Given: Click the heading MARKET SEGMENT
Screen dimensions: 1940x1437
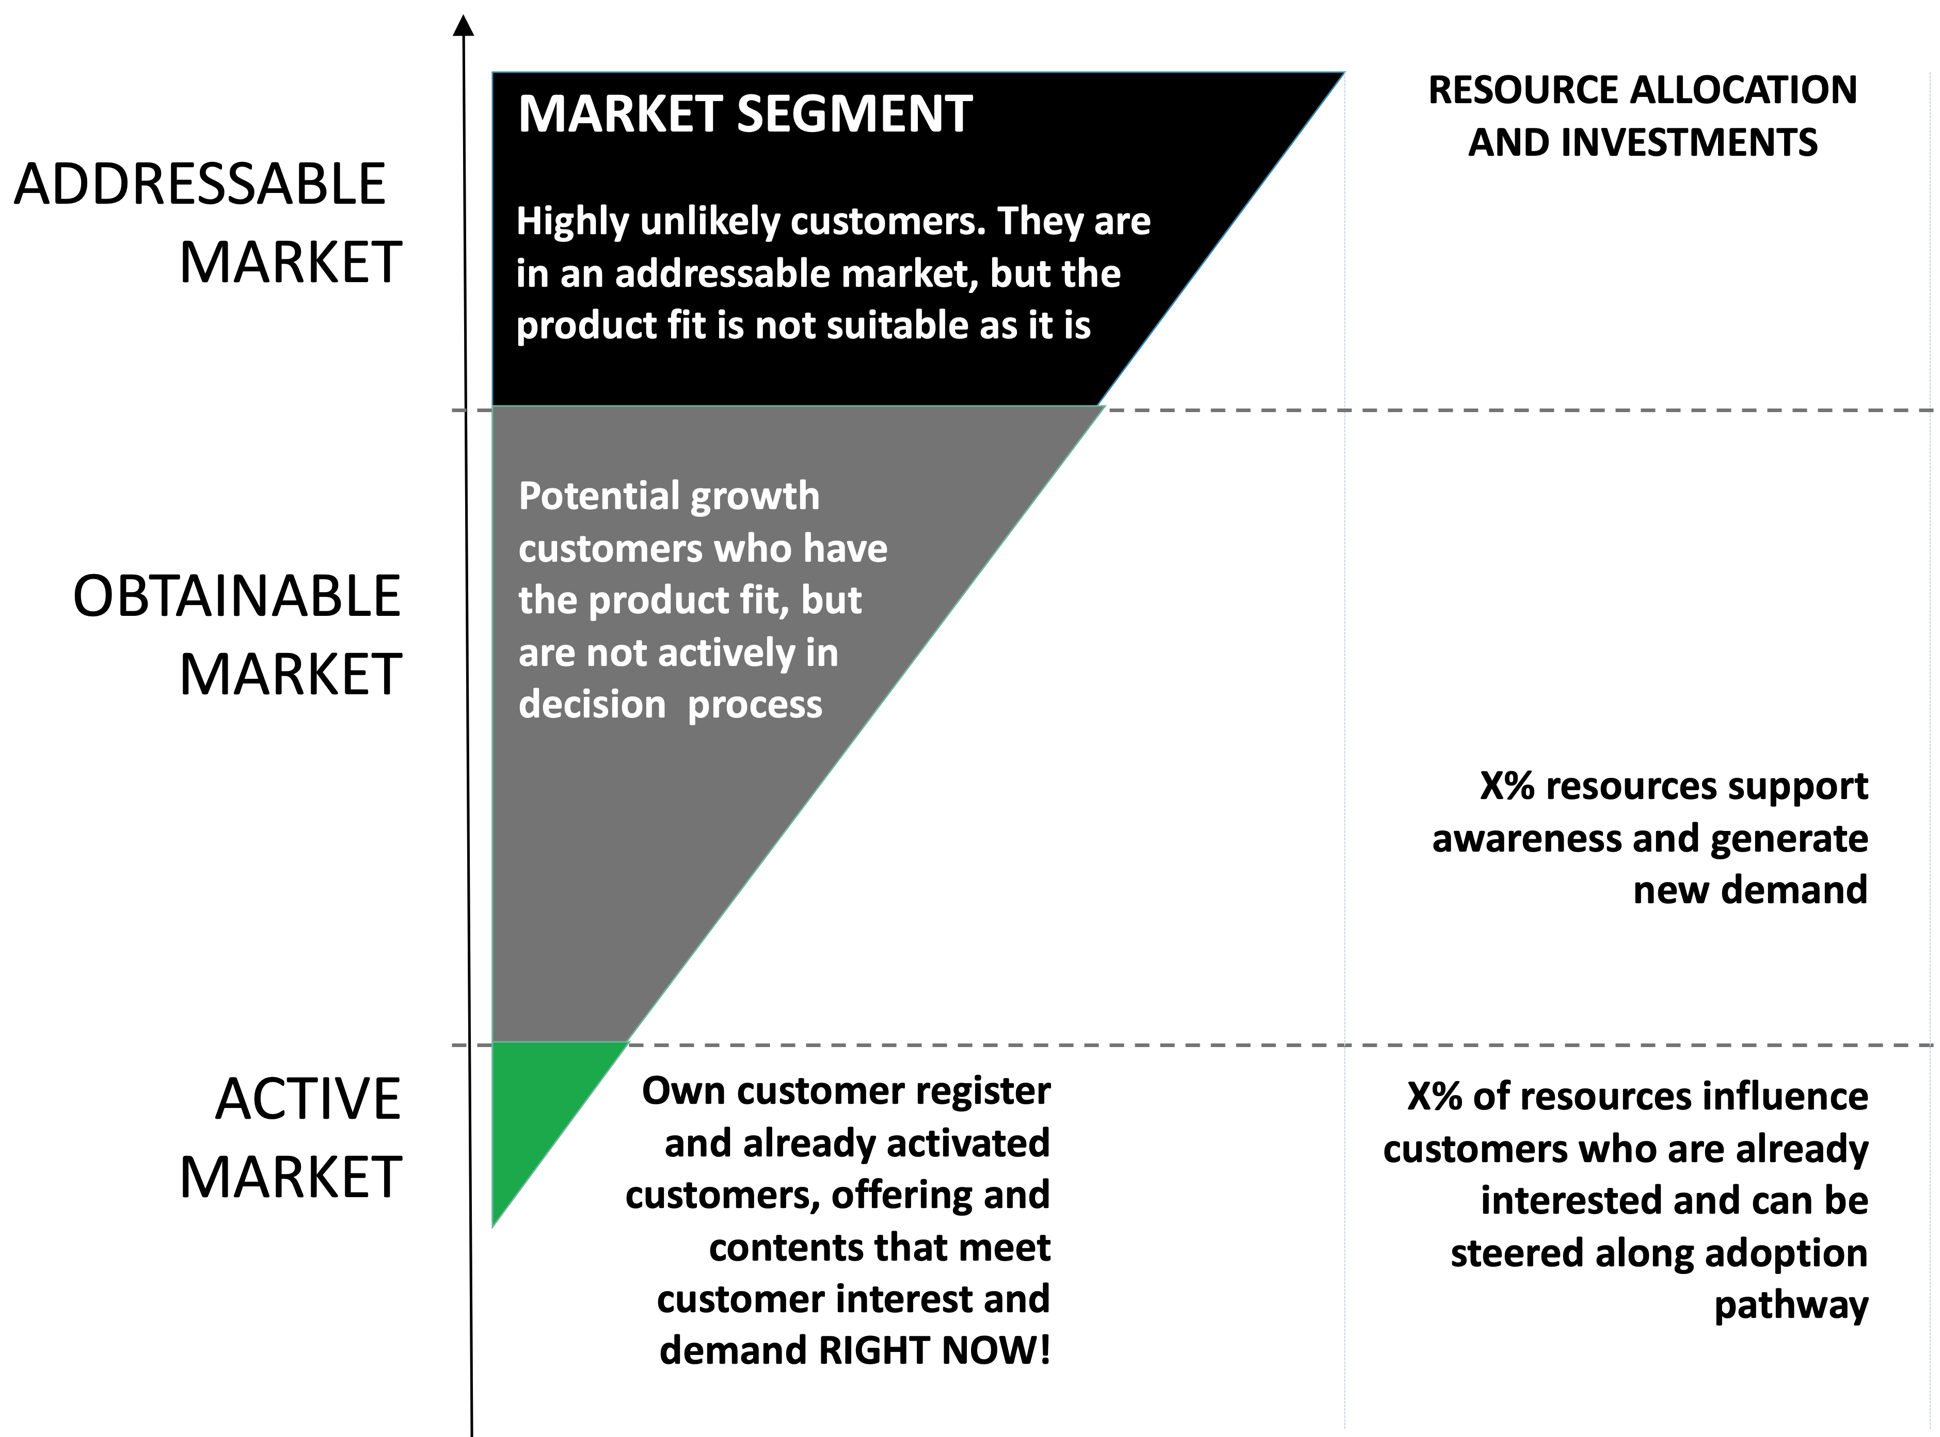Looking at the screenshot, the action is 745,114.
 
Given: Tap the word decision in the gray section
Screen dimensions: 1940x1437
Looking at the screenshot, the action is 592,705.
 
